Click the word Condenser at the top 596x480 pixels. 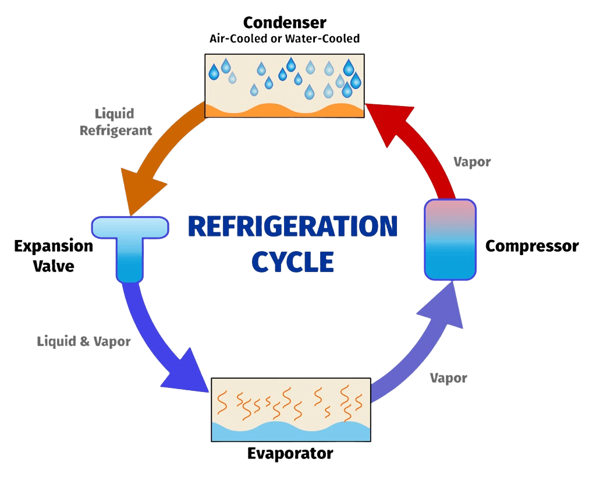point(285,23)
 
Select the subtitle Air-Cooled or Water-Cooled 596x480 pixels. point(285,39)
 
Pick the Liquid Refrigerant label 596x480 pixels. point(116,121)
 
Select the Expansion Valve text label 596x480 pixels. point(54,255)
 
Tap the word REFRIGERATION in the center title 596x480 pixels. point(293,227)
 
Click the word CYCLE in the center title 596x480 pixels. point(293,262)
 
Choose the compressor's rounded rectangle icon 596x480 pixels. point(450,239)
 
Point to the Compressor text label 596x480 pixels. point(532,246)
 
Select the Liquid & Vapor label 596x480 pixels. point(84,341)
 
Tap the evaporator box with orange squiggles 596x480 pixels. point(291,402)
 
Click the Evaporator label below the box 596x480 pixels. point(290,453)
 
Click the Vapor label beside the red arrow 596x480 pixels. point(472,162)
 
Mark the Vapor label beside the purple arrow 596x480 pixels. point(448,378)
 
